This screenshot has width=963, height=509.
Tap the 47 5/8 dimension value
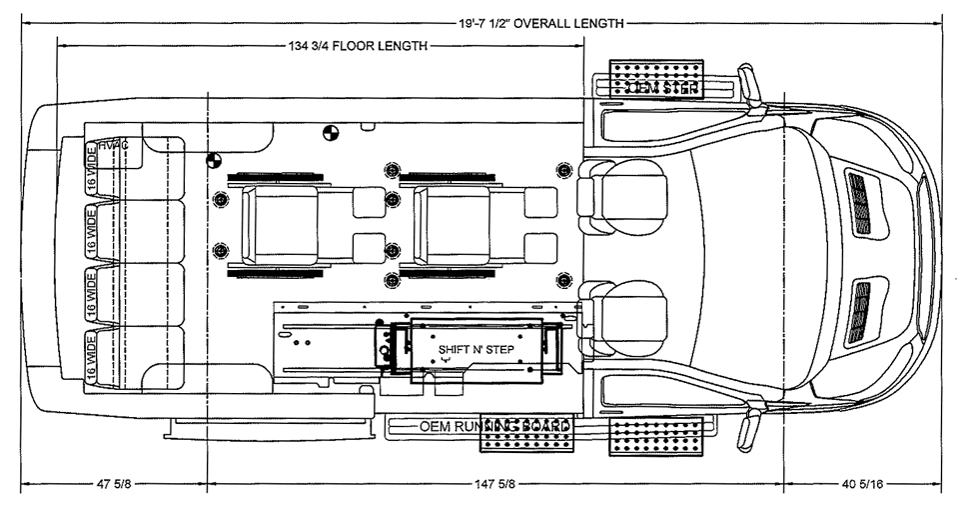(110, 487)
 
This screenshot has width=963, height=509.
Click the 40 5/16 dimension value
(864, 487)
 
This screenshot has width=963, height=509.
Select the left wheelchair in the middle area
(275, 220)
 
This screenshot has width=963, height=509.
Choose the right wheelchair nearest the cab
(450, 220)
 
